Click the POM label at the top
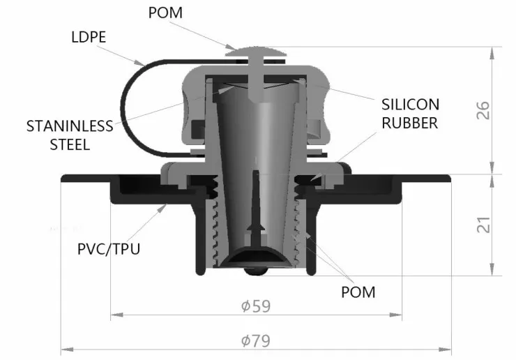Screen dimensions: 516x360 pos(165,13)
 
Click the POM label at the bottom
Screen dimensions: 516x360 pos(358,292)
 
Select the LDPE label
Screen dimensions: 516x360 pos(89,37)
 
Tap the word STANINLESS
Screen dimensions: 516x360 pos(70,126)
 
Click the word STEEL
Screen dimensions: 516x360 pos(70,144)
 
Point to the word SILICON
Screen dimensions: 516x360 pos(411,105)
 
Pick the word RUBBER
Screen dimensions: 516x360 pos(410,123)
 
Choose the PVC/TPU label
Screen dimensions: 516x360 pos(109,248)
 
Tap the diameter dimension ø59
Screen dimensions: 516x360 pos(256,306)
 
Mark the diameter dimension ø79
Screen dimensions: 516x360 pos(256,340)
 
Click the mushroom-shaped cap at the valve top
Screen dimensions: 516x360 pos(256,52)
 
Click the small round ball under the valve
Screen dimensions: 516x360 pos(256,271)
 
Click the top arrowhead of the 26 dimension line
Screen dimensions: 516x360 pos(492,53)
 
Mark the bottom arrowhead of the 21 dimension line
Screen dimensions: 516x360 pos(492,269)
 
